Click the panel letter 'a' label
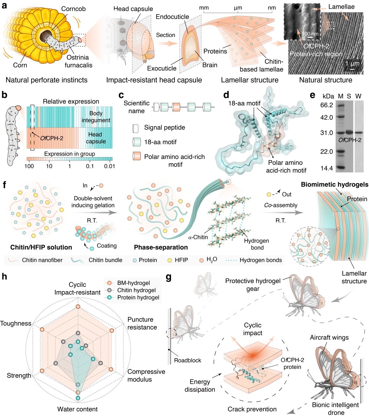point(4,5)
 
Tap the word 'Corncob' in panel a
point(73,9)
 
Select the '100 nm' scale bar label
point(310,34)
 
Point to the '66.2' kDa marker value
point(326,105)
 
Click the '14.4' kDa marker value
point(326,168)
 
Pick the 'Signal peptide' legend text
point(164,128)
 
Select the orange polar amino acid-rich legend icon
point(136,156)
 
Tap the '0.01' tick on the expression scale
point(109,166)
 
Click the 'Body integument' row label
point(96,117)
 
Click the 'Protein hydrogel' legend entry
point(138,297)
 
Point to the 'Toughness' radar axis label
point(16,323)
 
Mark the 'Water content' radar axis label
point(77,409)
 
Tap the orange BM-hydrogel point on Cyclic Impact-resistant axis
point(78,307)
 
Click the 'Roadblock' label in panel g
point(187,360)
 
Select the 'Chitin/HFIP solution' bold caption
point(41,247)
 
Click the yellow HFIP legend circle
point(169,260)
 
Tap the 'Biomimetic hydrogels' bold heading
point(335,185)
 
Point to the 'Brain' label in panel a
point(210,65)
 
